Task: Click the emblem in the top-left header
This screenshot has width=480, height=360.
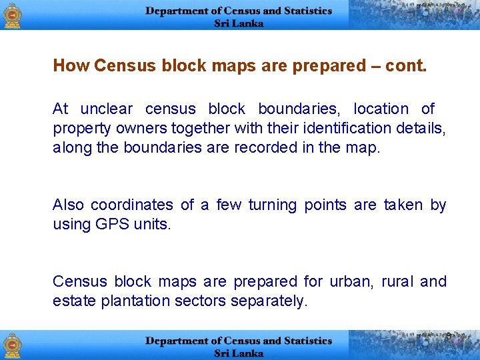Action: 13,15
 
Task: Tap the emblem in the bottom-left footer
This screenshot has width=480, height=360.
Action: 13,345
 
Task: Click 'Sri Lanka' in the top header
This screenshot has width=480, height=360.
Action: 239,23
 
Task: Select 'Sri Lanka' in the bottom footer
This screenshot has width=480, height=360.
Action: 239,353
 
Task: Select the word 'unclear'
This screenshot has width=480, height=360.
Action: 107,109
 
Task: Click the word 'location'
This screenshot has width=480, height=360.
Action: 381,109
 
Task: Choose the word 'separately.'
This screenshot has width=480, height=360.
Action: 269,301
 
